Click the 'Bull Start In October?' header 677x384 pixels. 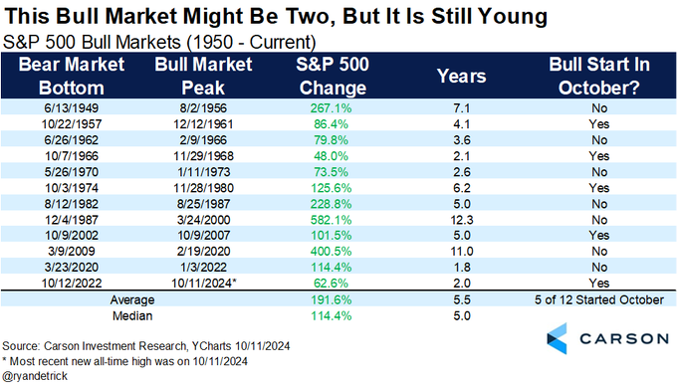tap(594, 75)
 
